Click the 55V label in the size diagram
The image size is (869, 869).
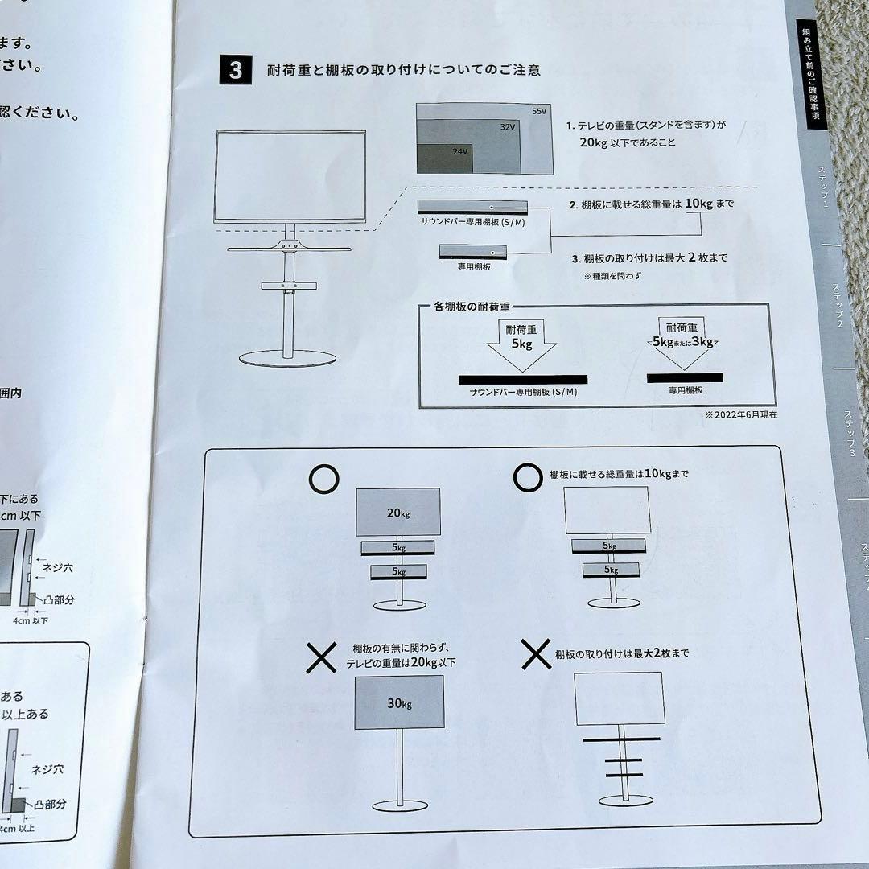(x=538, y=110)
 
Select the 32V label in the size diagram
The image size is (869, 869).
(x=506, y=128)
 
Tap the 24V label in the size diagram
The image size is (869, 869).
(x=459, y=151)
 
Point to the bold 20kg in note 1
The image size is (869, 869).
(x=594, y=142)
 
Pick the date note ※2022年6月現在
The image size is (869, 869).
(x=741, y=415)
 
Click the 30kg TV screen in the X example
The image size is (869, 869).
(x=398, y=703)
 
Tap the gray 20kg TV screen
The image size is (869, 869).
(x=397, y=512)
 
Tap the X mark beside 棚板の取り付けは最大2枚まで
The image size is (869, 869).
(x=535, y=655)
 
